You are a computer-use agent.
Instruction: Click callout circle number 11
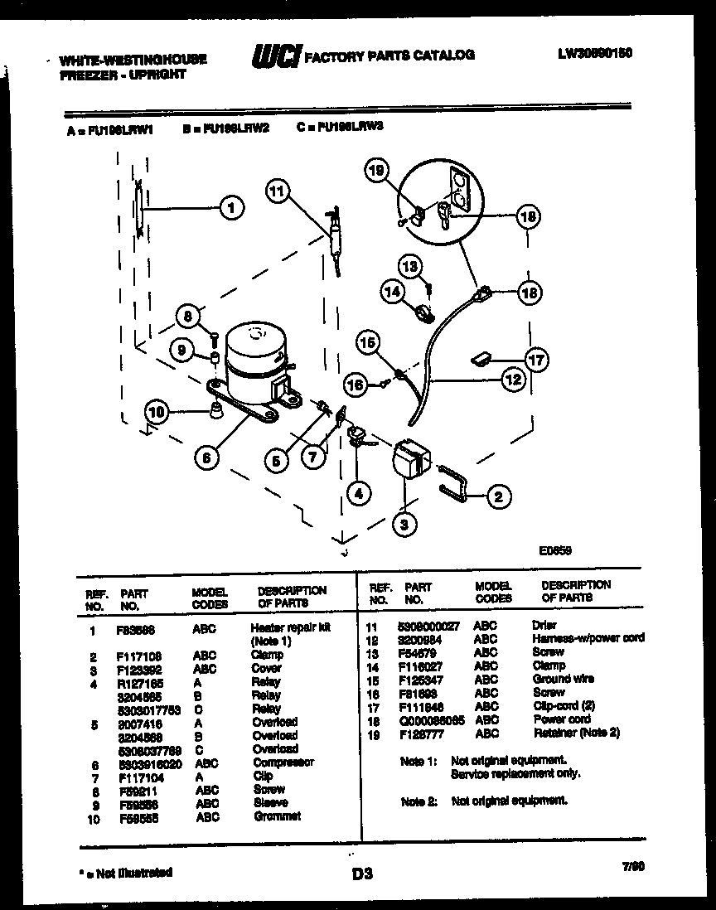tap(279, 190)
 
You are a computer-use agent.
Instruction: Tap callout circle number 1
tap(232, 207)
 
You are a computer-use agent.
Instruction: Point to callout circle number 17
tap(537, 360)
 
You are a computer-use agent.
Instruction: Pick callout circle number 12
tap(514, 380)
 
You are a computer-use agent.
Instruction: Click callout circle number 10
tap(156, 410)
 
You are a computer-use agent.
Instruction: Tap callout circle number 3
tap(405, 524)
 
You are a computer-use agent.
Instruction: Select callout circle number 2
tap(498, 497)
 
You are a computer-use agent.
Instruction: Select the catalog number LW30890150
tap(595, 52)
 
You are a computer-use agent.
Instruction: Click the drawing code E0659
tap(555, 549)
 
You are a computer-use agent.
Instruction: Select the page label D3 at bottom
tap(362, 873)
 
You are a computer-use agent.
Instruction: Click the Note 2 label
tap(418, 801)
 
